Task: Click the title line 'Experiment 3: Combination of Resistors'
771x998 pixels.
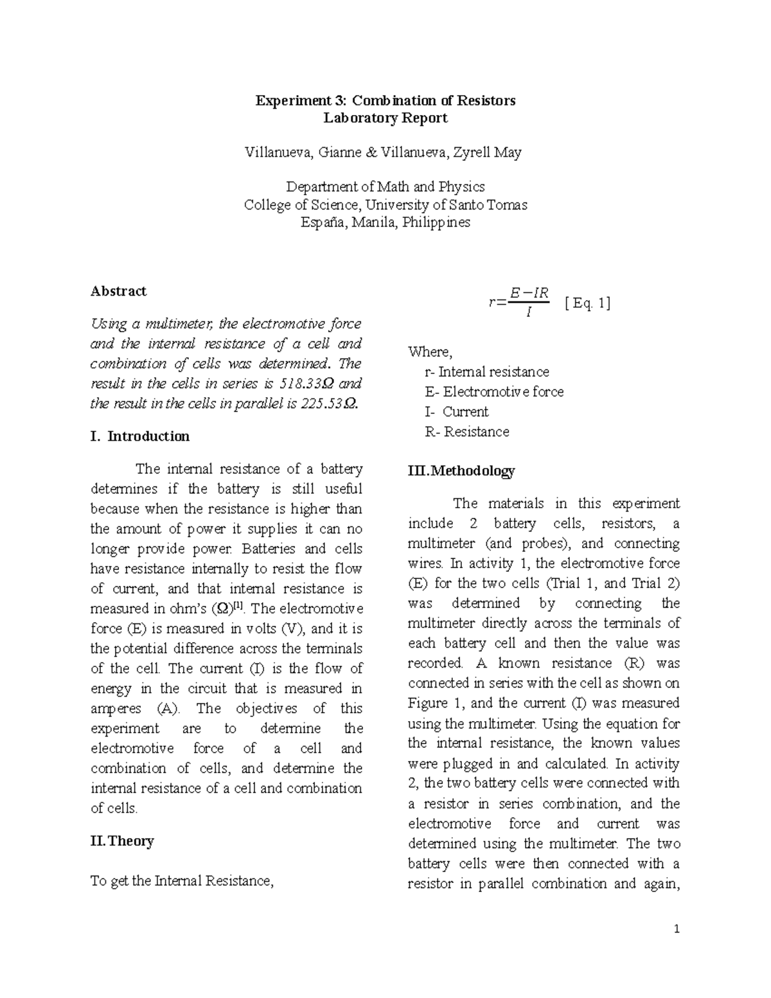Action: pyautogui.click(x=385, y=100)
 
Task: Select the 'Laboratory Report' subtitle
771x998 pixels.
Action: pyautogui.click(x=385, y=118)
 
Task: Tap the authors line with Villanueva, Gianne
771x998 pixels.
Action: pyautogui.click(x=383, y=152)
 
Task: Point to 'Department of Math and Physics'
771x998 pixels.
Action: pyautogui.click(x=385, y=187)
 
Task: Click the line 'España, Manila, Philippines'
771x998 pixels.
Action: pyautogui.click(x=385, y=222)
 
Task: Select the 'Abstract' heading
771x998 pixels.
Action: pyautogui.click(x=118, y=291)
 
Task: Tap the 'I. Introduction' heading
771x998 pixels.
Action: pyautogui.click(x=140, y=436)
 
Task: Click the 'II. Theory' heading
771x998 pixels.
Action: pyautogui.click(x=122, y=841)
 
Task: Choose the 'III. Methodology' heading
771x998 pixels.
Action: pyautogui.click(x=461, y=471)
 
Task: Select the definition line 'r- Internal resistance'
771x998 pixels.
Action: pyautogui.click(x=486, y=372)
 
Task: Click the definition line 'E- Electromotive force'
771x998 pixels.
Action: pyautogui.click(x=493, y=392)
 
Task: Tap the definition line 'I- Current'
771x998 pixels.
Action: pyautogui.click(x=456, y=412)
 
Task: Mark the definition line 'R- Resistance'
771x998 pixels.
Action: pyautogui.click(x=466, y=432)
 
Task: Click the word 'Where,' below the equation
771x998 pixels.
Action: pyautogui.click(x=430, y=352)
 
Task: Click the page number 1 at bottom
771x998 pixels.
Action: pyautogui.click(x=677, y=929)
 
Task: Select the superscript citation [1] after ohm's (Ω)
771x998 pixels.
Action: pyautogui.click(x=238, y=605)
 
